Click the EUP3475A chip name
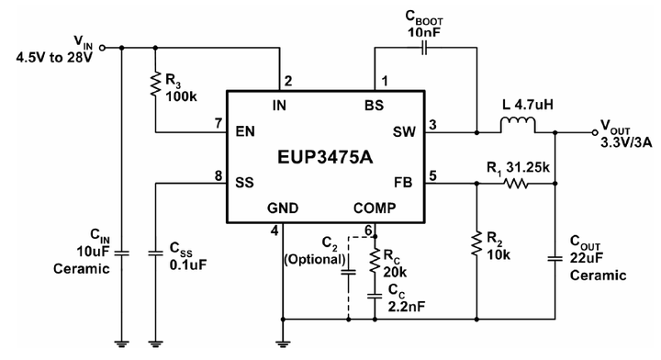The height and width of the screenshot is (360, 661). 325,157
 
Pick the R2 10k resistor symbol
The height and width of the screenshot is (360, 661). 476,243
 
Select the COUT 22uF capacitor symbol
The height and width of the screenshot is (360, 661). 556,259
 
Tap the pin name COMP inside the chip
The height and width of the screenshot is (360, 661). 375,208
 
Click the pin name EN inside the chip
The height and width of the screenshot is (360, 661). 244,132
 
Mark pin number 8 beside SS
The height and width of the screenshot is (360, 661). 218,174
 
